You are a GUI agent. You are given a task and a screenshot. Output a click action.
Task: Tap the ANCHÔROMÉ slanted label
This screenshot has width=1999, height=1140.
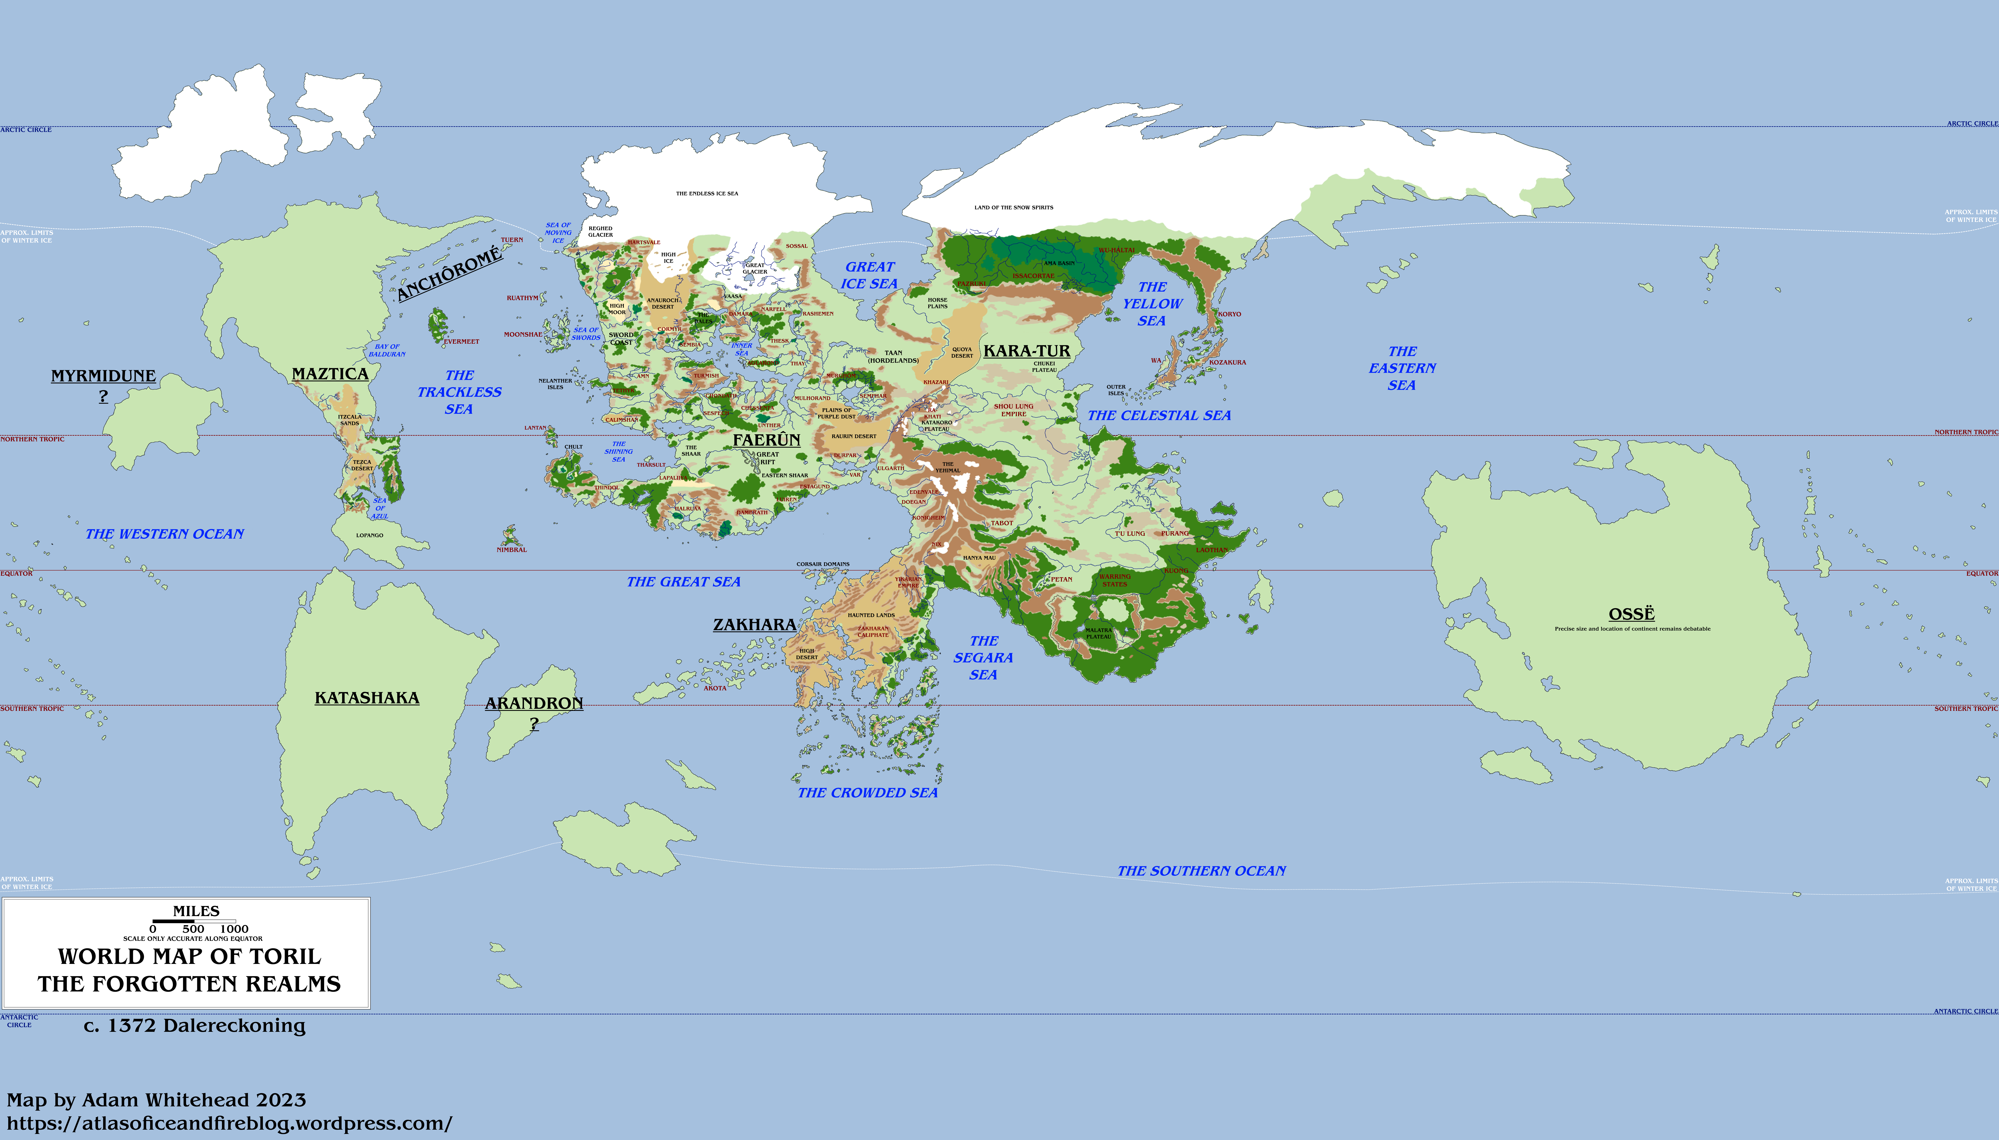449,274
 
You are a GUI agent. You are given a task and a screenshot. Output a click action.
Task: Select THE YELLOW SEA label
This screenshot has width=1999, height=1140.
1152,304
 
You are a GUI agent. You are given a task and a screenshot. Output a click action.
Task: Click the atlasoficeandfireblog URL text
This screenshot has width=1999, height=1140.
229,1124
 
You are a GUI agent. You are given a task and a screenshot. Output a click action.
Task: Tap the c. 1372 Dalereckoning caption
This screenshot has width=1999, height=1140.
194,1026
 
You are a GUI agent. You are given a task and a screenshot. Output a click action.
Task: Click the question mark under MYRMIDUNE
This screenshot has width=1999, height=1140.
103,397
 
